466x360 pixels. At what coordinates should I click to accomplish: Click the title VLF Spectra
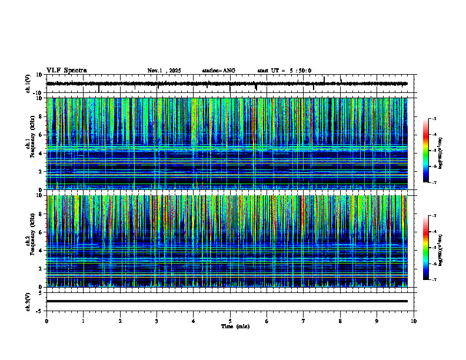click(x=66, y=71)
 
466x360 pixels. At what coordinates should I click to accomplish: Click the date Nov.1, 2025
click(x=164, y=71)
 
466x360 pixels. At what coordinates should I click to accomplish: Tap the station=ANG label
click(x=219, y=71)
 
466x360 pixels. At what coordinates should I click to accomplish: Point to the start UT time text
click(x=284, y=71)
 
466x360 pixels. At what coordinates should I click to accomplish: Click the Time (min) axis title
click(x=235, y=326)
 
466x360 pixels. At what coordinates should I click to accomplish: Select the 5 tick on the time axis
click(x=230, y=321)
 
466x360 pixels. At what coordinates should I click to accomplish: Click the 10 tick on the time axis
click(x=414, y=321)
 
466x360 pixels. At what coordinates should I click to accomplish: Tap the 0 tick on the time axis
click(x=46, y=321)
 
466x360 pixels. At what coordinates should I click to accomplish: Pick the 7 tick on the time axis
click(x=304, y=321)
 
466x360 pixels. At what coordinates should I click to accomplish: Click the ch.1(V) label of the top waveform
click(x=28, y=84)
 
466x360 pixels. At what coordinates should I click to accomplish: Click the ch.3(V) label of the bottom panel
click(x=28, y=301)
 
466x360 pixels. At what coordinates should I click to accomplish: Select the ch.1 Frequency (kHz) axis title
click(x=30, y=143)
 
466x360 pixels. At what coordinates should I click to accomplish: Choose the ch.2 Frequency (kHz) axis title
click(x=30, y=240)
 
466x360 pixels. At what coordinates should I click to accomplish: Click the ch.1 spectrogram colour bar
click(x=425, y=151)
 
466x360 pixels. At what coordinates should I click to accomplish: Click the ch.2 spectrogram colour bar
click(x=425, y=248)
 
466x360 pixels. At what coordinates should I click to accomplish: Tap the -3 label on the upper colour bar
click(x=434, y=119)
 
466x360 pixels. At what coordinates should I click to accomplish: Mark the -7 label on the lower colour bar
click(x=434, y=280)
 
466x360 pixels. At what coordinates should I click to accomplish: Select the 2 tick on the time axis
click(x=120, y=321)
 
